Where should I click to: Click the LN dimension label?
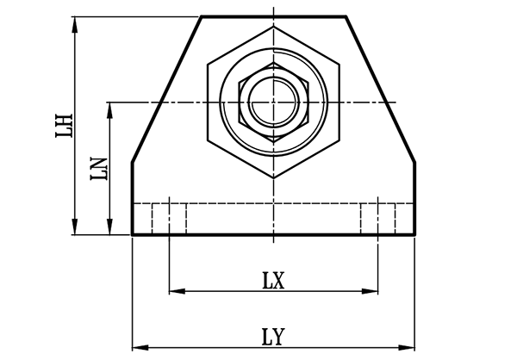98,168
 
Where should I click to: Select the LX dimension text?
273,280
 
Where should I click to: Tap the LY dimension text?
273,336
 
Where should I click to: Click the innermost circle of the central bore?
273,102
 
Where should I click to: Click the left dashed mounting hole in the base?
169,218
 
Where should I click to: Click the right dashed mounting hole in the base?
378,218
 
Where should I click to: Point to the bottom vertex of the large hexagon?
273,177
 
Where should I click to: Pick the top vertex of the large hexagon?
273,27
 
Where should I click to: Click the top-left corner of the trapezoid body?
202,16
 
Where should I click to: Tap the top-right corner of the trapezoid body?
346,16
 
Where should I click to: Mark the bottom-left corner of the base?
132,234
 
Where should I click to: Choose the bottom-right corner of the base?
415,234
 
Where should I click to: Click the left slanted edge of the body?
166,89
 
